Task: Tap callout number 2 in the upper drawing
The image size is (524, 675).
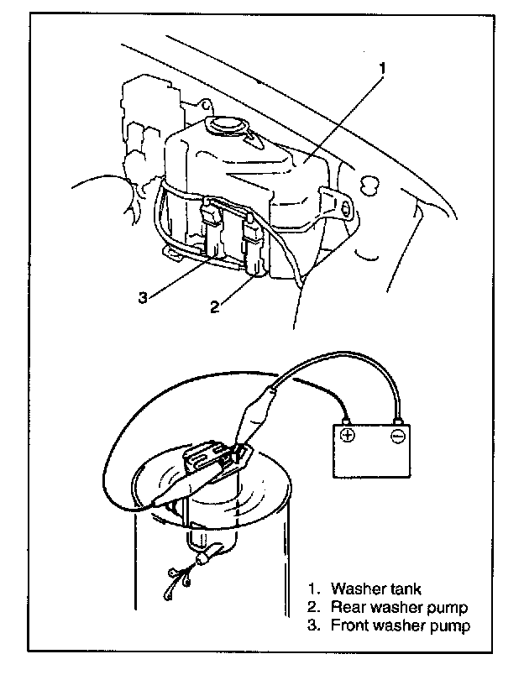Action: [215, 306]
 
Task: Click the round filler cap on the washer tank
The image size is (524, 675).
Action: [225, 126]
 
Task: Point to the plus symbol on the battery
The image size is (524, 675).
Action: [347, 435]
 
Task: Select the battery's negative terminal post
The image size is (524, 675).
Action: [398, 417]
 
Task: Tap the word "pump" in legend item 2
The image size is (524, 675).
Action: [448, 608]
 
